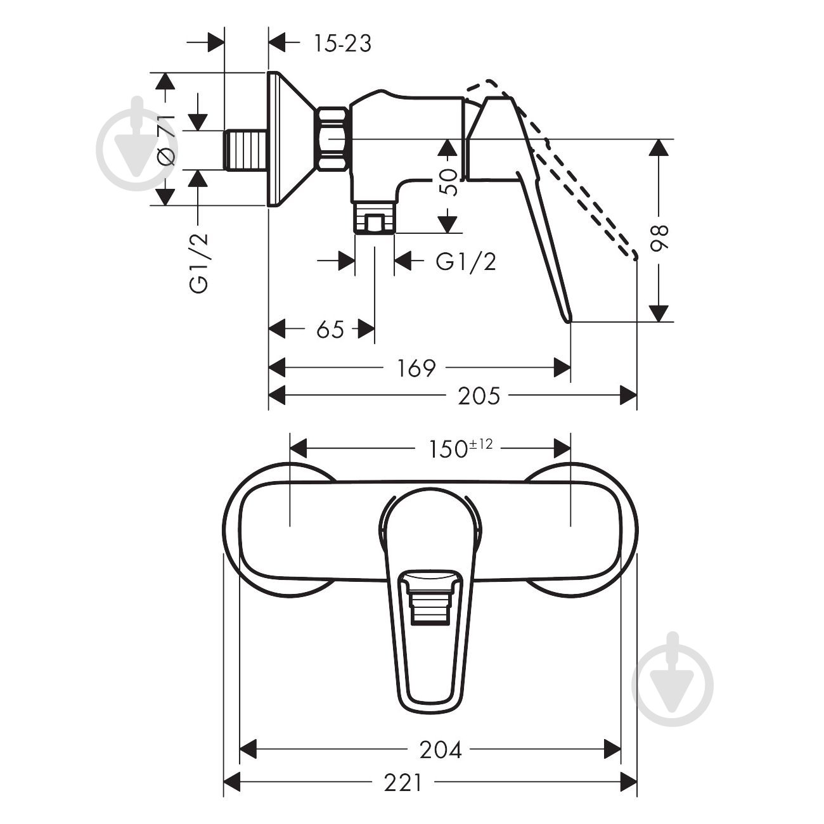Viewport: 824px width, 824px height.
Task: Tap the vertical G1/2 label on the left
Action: click(200, 263)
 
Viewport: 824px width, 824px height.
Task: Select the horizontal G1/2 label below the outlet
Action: click(466, 261)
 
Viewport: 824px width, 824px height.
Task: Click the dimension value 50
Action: click(448, 183)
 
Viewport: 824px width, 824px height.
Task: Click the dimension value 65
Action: click(330, 329)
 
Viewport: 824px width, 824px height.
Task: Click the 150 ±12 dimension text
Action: click(457, 448)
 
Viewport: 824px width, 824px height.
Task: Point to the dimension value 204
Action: click(441, 750)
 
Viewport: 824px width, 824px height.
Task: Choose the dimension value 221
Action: click(402, 783)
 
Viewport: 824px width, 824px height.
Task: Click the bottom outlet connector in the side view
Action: click(375, 219)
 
